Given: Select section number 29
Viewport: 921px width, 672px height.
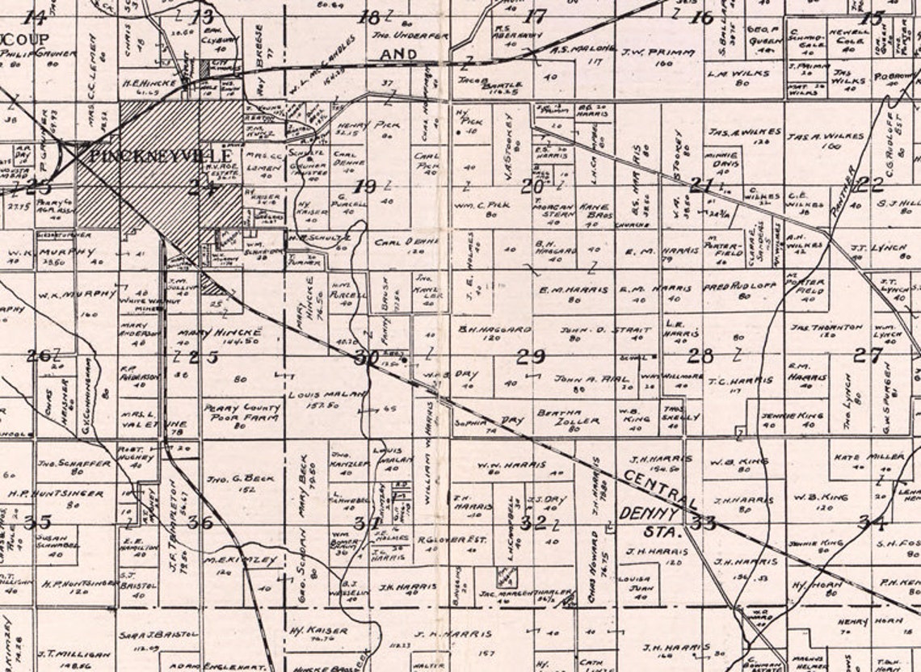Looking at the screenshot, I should (x=531, y=356).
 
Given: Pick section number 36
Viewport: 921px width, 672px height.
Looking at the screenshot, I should (x=200, y=522).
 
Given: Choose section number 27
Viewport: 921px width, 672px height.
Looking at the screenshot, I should (x=868, y=355).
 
